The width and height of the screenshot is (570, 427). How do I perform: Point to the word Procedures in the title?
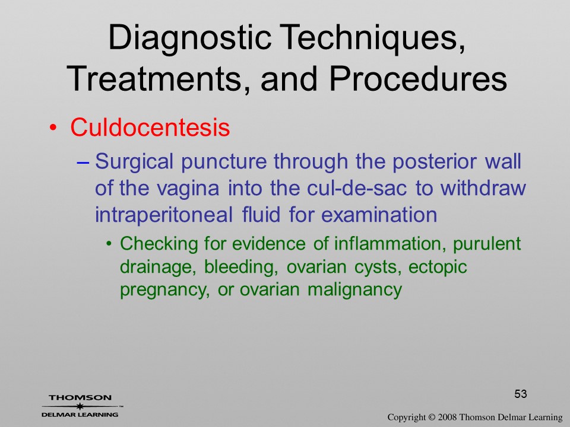[x=418, y=78]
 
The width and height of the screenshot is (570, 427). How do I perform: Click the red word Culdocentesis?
[x=150, y=127]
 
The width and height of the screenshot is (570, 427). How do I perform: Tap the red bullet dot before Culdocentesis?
[x=53, y=128]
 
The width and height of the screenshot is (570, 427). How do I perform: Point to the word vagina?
[x=188, y=189]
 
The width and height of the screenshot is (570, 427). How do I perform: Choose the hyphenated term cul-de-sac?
[x=357, y=188]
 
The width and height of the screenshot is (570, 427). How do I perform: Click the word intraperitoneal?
[x=164, y=215]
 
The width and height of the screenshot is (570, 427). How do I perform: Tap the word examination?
[x=379, y=214]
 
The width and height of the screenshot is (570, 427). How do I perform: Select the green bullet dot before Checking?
[x=109, y=244]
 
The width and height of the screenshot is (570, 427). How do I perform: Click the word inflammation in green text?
[x=390, y=243]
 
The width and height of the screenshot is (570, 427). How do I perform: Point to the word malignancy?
[x=355, y=291]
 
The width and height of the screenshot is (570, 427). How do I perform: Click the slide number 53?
[x=521, y=394]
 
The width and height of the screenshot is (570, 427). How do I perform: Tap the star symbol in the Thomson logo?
[x=80, y=406]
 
